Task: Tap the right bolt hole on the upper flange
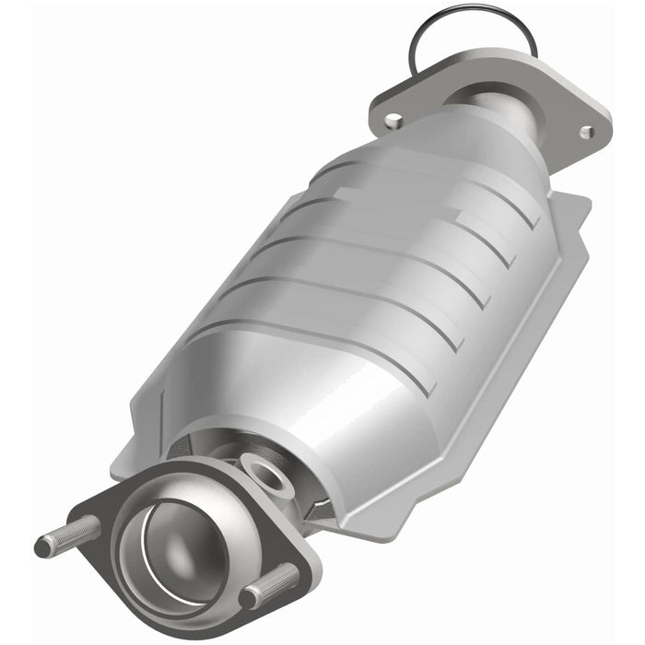pyautogui.click(x=587, y=132)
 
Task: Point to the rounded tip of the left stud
pyautogui.click(x=41, y=547)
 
